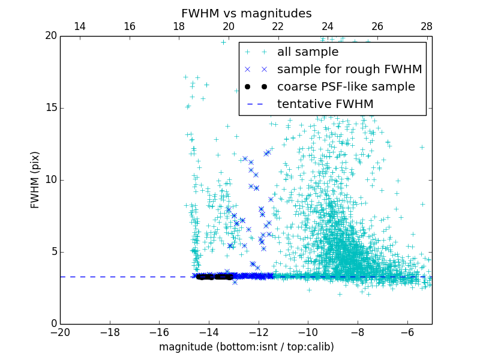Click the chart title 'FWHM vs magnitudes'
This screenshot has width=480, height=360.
pos(247,13)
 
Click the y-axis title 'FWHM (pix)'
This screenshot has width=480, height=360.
pos(35,179)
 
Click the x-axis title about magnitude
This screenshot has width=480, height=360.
pos(247,347)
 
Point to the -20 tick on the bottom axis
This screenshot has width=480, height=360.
pos(61,332)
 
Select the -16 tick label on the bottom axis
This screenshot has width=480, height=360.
pos(160,332)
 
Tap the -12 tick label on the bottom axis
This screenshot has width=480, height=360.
pos(259,332)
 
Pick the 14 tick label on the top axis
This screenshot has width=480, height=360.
pos(79,26)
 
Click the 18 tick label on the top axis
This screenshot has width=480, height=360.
pos(179,26)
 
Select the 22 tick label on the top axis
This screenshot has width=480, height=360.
pos(278,26)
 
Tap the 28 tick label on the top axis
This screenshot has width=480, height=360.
pos(427,26)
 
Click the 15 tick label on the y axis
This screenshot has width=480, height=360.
pos(50,108)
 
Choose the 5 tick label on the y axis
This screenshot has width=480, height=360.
pos(53,252)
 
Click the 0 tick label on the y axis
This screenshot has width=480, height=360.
pos(53,324)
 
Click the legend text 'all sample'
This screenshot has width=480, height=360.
pos(308,52)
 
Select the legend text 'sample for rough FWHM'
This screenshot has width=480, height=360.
pos(350,70)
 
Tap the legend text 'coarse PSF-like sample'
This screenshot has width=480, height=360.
pos(346,87)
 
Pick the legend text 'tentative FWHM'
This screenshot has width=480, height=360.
pos(325,104)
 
